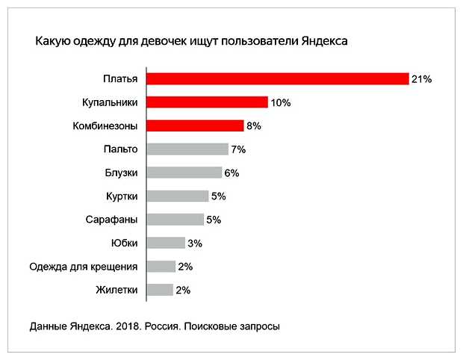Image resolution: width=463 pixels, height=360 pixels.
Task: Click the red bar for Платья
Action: click(x=278, y=78)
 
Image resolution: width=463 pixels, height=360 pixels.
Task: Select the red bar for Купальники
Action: click(x=207, y=102)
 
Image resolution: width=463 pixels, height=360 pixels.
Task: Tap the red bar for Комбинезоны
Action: click(x=195, y=125)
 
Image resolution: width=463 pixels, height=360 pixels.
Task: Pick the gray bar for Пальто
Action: click(x=187, y=149)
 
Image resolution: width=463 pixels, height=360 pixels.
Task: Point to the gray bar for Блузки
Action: click(x=184, y=173)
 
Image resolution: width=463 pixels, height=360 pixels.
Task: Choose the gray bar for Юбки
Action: click(x=166, y=243)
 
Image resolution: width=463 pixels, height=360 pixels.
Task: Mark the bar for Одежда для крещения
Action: click(x=161, y=267)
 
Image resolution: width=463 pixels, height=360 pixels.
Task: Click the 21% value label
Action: click(x=422, y=79)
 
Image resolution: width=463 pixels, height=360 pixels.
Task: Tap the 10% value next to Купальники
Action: click(x=281, y=103)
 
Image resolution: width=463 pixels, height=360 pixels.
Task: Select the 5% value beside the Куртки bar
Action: click(x=218, y=196)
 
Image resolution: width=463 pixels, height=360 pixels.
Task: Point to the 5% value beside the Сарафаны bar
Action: click(x=214, y=220)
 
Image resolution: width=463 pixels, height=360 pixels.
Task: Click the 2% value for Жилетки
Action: click(x=183, y=290)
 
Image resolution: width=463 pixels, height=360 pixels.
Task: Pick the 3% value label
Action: click(x=195, y=243)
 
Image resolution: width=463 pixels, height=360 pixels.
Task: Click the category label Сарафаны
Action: click(x=112, y=220)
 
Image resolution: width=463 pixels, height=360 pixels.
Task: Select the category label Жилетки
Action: click(x=116, y=290)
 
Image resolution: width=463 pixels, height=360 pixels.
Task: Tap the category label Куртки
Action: click(x=122, y=196)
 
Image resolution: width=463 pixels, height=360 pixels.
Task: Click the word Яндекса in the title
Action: click(x=323, y=42)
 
